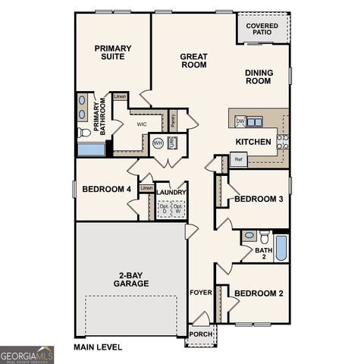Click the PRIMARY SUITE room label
click(x=113, y=53)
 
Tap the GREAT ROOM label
click(x=194, y=61)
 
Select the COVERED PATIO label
click(x=262, y=30)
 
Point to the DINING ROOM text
click(x=259, y=77)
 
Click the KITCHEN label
click(x=253, y=142)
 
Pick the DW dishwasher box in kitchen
click(x=240, y=121)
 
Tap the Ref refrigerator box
click(x=238, y=159)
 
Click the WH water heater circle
click(x=158, y=143)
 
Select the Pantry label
click(x=173, y=119)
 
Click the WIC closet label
click(x=141, y=123)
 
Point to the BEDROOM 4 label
click(x=106, y=189)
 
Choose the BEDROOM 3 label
click(x=259, y=199)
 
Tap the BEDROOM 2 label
click(x=259, y=293)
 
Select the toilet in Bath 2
click(x=264, y=237)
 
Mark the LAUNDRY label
click(x=171, y=193)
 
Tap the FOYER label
click(x=200, y=292)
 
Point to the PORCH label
click(x=200, y=334)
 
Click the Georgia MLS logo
click(x=27, y=354)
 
